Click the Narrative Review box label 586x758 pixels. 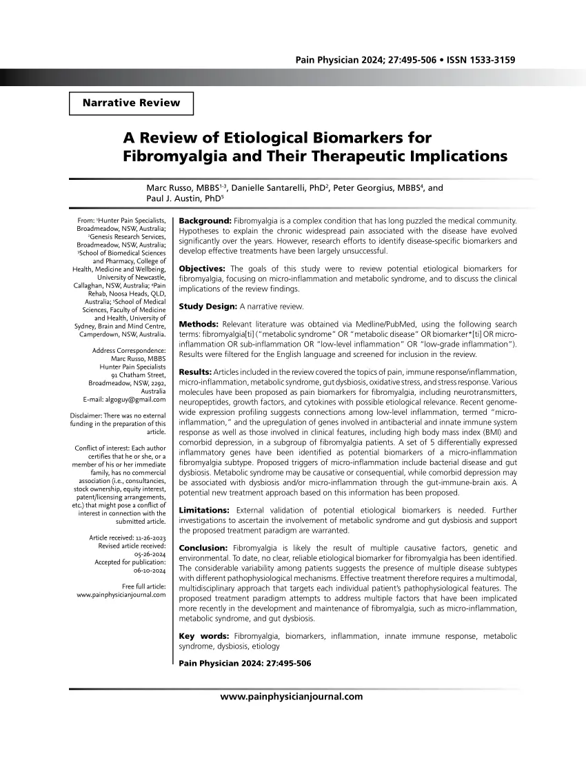pos(131,103)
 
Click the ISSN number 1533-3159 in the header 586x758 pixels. pos(490,61)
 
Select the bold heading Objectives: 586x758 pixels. pos(202,268)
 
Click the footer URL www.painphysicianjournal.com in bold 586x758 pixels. pos(291,697)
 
